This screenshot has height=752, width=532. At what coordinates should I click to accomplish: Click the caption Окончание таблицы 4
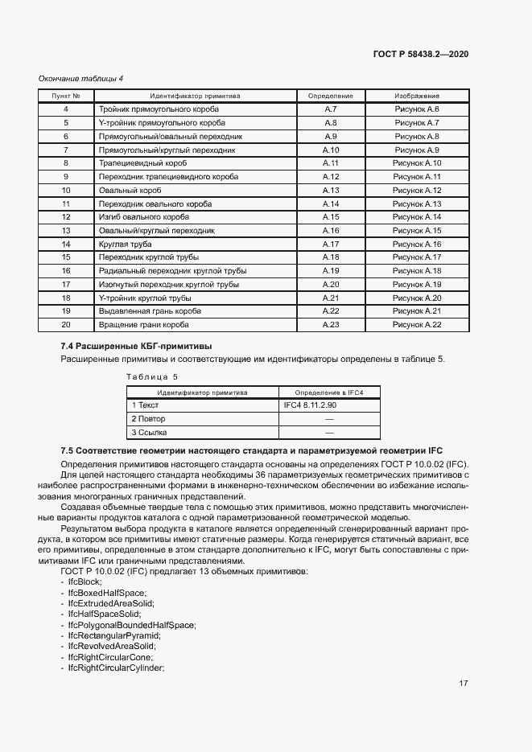point(80,78)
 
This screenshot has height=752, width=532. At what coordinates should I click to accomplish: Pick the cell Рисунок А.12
point(416,190)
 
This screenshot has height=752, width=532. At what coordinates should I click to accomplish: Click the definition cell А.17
point(331,244)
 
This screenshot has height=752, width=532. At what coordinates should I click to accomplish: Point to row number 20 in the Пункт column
point(66,324)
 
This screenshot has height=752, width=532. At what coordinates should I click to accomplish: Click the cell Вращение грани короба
point(143,324)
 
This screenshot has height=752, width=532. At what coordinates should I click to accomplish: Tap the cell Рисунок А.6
point(416,109)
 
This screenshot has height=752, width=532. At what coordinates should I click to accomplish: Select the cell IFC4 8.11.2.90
point(310,405)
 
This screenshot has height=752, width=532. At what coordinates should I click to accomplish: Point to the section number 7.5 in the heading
point(68,450)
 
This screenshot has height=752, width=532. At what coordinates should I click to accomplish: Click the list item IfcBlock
point(85,581)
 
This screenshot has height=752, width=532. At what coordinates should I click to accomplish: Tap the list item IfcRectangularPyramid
point(114,635)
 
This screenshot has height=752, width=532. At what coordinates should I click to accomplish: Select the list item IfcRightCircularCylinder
point(116,668)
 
